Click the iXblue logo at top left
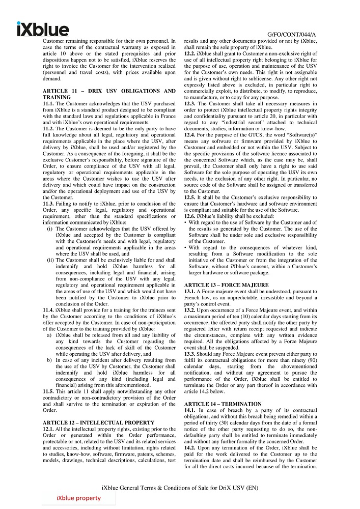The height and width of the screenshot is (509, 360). tap(42, 29)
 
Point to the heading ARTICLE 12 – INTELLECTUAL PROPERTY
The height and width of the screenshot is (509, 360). tap(98, 422)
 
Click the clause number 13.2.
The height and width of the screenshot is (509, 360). tap(189, 309)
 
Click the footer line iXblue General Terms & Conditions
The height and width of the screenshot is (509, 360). tap(180, 488)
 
